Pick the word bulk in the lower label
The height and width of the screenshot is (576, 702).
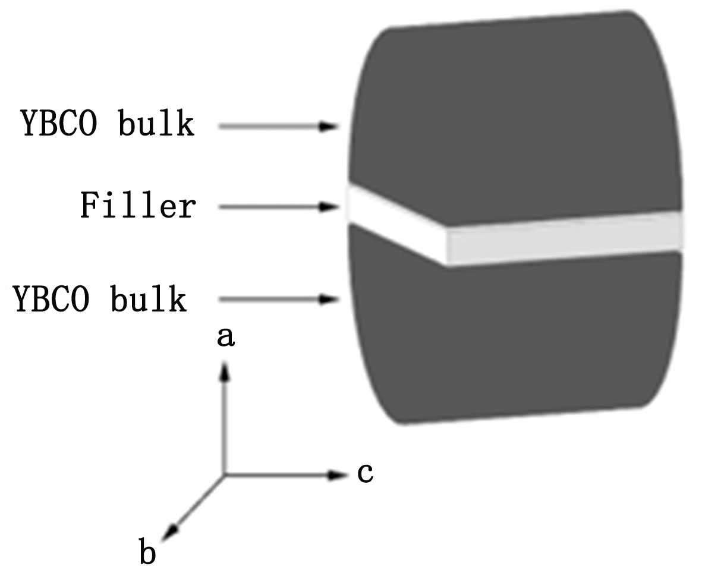pos(149,300)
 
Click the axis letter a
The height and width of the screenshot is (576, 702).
pos(225,338)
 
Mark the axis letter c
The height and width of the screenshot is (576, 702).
pos(364,473)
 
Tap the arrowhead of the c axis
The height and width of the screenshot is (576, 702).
pos(339,474)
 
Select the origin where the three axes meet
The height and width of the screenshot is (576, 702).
pos(224,474)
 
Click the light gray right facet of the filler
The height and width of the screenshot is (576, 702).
pos(565,238)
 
